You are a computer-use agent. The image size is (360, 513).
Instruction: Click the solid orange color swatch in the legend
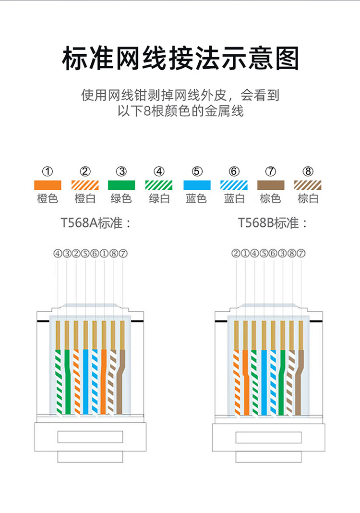coord(48,185)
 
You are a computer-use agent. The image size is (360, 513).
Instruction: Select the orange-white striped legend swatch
coord(85,185)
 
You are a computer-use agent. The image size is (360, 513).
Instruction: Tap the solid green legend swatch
coord(122,185)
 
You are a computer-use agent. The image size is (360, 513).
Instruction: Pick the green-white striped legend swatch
coord(159,185)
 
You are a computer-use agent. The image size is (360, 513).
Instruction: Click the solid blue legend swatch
coord(197,185)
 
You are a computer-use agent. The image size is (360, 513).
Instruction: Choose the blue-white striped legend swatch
coord(234,185)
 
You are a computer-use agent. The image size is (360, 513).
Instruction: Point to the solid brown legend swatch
coord(271,185)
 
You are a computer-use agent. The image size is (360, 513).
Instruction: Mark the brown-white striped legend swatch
coord(308,185)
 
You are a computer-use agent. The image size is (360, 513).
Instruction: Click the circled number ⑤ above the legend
coord(197,171)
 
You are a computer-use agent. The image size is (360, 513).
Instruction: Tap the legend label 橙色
coord(48,198)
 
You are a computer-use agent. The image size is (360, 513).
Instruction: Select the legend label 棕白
coord(308,198)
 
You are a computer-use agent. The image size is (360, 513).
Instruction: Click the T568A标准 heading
coord(96,223)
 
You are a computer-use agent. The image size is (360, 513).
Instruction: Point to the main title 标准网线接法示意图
coord(180,59)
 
